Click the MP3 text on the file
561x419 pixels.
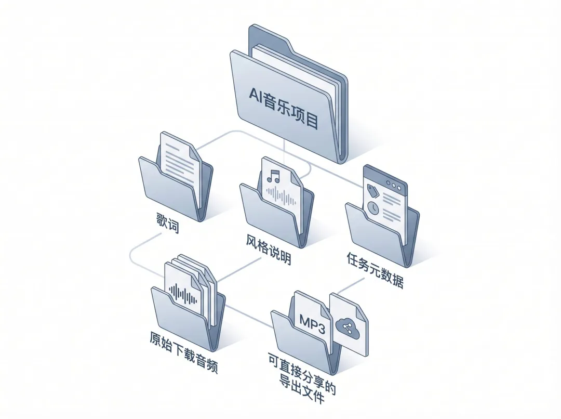point(311,320)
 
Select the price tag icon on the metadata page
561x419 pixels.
point(372,188)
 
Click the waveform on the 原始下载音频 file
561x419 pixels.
point(184,295)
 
